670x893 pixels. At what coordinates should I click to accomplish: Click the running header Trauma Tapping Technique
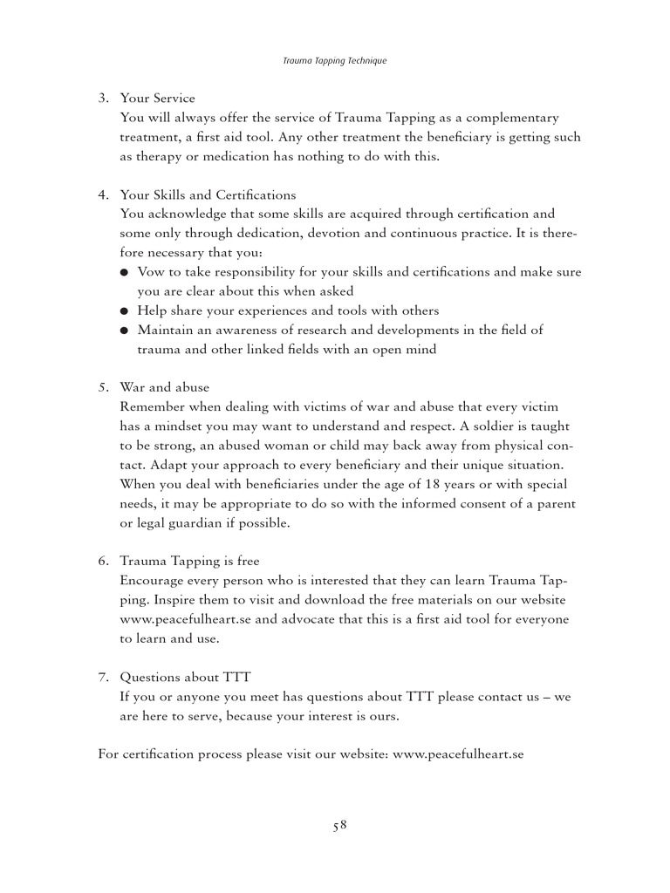(335, 61)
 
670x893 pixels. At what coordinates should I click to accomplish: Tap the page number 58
(338, 826)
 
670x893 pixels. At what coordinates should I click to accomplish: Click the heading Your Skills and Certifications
(208, 194)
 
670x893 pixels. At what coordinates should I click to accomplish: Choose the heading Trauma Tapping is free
(189, 562)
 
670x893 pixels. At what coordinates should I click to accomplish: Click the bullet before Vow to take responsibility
(126, 273)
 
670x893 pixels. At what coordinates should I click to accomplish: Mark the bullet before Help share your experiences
(126, 311)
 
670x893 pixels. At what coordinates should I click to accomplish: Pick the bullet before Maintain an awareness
(126, 331)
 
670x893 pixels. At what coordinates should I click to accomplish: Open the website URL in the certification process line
(458, 754)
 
